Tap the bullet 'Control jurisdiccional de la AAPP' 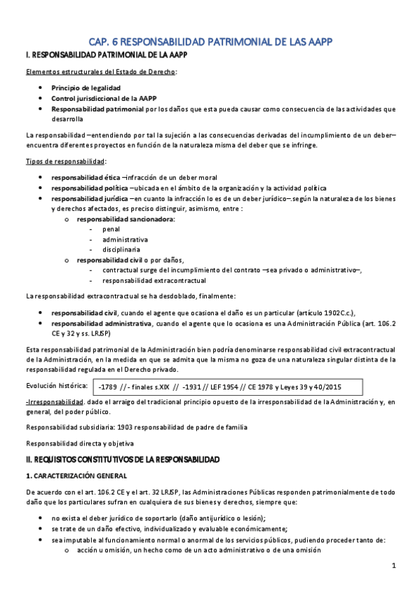point(103,98)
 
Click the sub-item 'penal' point(111,229)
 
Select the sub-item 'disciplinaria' point(121,249)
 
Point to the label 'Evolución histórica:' point(56,386)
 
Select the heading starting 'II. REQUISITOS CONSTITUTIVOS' point(123,459)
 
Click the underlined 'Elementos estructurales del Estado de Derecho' point(100,71)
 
